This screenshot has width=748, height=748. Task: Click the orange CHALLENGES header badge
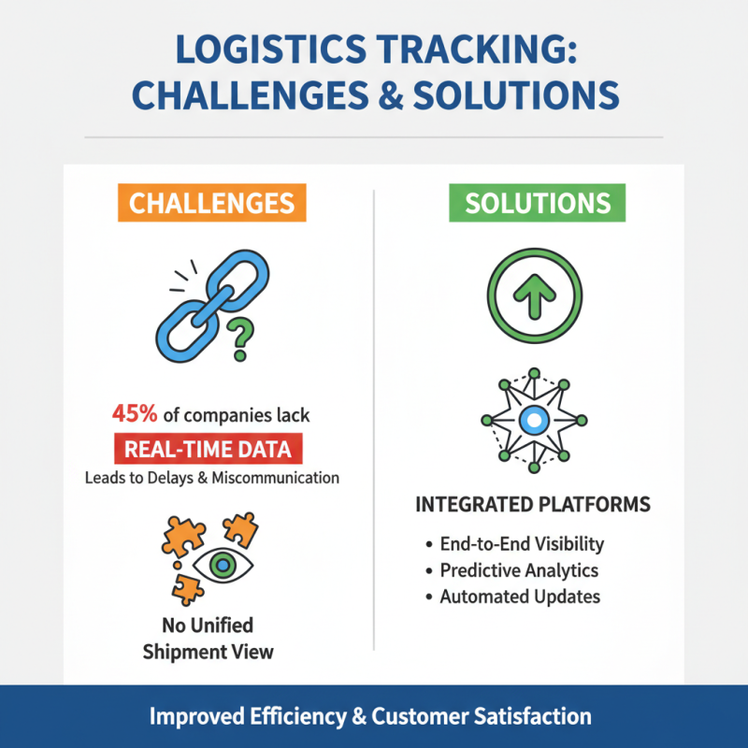tap(211, 204)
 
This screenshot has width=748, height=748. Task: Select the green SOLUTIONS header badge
tap(538, 204)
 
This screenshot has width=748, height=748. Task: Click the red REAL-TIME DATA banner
tap(209, 449)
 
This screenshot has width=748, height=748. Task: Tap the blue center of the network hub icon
tap(532, 421)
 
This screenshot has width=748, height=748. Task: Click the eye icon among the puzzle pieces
tap(222, 563)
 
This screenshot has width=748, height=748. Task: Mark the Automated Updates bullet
tap(519, 596)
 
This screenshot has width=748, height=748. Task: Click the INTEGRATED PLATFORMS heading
tap(532, 505)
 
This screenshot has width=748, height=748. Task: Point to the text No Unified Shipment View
tap(209, 638)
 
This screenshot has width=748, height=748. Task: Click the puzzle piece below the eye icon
tap(188, 589)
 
